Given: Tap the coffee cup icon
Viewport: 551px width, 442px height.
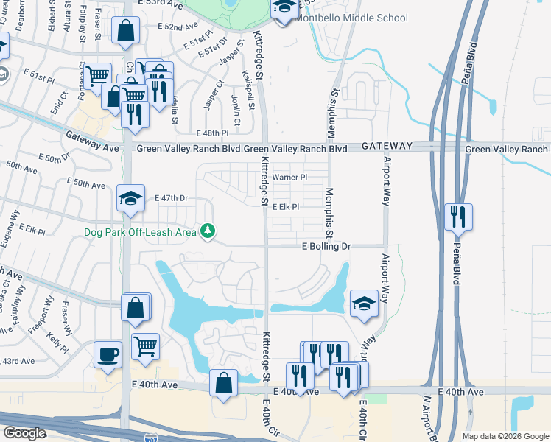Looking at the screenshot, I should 108,355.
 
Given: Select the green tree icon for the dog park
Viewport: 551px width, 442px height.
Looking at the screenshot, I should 209,231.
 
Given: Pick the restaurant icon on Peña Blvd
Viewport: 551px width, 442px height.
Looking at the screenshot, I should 458,217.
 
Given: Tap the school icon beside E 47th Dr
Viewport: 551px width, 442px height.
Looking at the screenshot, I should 130,198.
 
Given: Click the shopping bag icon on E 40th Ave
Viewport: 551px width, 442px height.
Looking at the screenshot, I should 223,383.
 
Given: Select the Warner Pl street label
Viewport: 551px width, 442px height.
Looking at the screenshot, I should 289,178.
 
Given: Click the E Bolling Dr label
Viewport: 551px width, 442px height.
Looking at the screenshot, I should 325,246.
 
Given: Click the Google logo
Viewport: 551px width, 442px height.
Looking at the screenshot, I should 24,433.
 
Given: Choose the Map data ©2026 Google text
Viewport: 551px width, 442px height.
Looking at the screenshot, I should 505,436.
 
